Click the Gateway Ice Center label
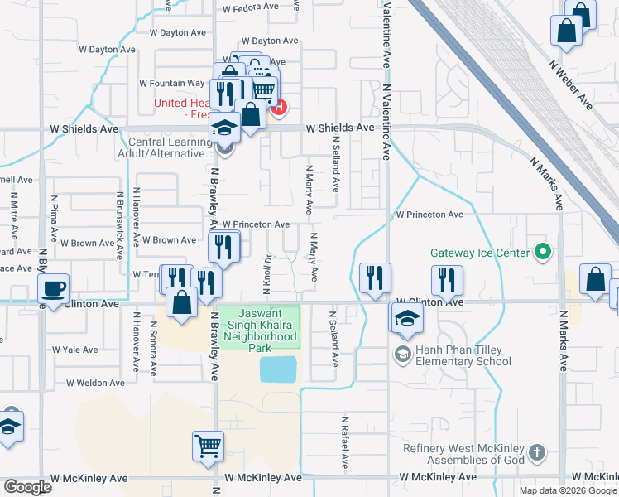pos(479,253)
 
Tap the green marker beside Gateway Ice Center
pos(543,249)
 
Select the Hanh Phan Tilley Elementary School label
pos(463,355)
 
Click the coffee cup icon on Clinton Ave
pos(55,290)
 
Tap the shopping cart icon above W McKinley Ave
pos(208,446)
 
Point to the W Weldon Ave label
pos(95,383)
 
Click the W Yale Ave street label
pos(75,350)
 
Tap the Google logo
pos(26,487)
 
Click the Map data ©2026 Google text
pos(568,490)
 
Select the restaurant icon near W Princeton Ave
pos(223,247)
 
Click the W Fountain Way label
pos(171,84)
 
